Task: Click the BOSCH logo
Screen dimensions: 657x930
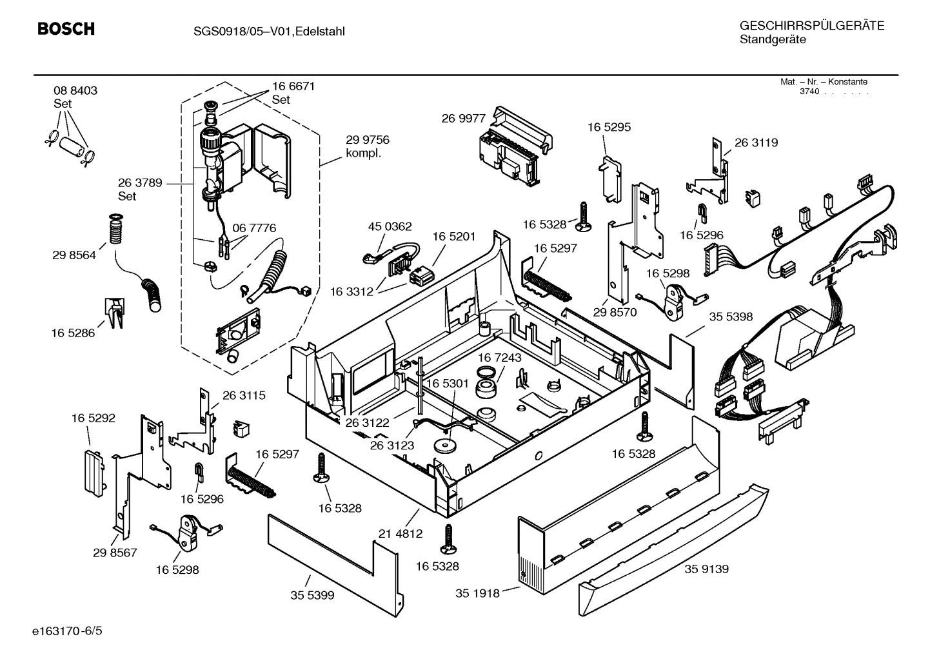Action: [66, 29]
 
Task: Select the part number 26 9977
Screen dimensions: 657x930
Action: [463, 118]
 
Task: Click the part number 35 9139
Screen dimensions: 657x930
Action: [706, 569]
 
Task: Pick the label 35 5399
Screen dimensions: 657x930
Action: [312, 595]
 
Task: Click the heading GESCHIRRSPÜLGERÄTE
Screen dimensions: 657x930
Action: [811, 26]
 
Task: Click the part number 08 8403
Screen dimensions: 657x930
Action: [75, 91]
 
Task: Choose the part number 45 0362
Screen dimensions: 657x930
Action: [390, 226]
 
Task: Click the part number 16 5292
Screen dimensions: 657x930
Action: [93, 418]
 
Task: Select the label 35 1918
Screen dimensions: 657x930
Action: [477, 593]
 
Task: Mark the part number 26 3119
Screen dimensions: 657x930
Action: [756, 142]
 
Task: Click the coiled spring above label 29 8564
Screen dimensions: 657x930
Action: [115, 230]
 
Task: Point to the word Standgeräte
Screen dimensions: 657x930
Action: [772, 40]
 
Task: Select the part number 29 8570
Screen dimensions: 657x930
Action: [615, 312]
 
